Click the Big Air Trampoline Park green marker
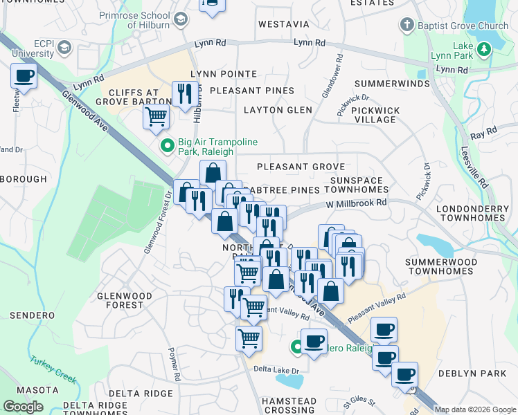pyautogui.click(x=167, y=146)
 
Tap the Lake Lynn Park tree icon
pyautogui.click(x=483, y=48)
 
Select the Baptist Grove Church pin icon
pyautogui.click(x=407, y=26)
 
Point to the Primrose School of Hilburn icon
pyautogui.click(x=181, y=19)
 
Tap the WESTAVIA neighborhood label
pyautogui.click(x=283, y=24)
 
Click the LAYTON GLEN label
pyautogui.click(x=278, y=110)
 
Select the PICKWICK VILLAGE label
pyautogui.click(x=375, y=115)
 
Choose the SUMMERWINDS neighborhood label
pyautogui.click(x=392, y=84)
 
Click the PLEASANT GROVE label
pyautogui.click(x=301, y=167)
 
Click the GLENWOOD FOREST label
pyautogui.click(x=125, y=300)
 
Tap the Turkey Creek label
pyautogui.click(x=53, y=369)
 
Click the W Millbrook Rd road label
pyautogui.click(x=356, y=204)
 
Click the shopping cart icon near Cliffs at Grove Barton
pyautogui.click(x=157, y=116)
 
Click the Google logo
pyautogui.click(x=23, y=407)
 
